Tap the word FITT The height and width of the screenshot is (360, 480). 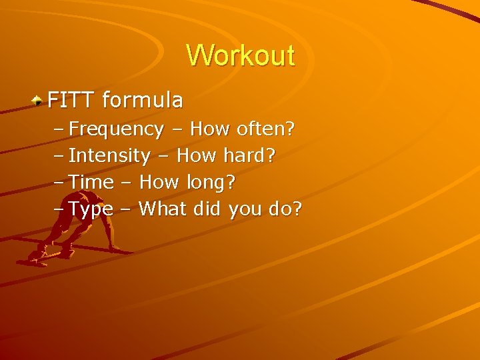tap(72, 101)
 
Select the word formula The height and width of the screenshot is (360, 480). tap(143, 101)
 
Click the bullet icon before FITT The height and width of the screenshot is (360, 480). tap(39, 101)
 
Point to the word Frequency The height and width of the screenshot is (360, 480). tap(116, 129)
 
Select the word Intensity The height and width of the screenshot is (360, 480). tap(109, 156)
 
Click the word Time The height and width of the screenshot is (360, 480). tap(91, 183)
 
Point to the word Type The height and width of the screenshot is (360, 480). tap(91, 209)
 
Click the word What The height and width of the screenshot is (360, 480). tap(163, 209)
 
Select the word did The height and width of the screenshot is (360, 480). tap(208, 209)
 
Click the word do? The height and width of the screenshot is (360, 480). tap(285, 209)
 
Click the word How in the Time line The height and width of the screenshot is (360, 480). tap(158, 183)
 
